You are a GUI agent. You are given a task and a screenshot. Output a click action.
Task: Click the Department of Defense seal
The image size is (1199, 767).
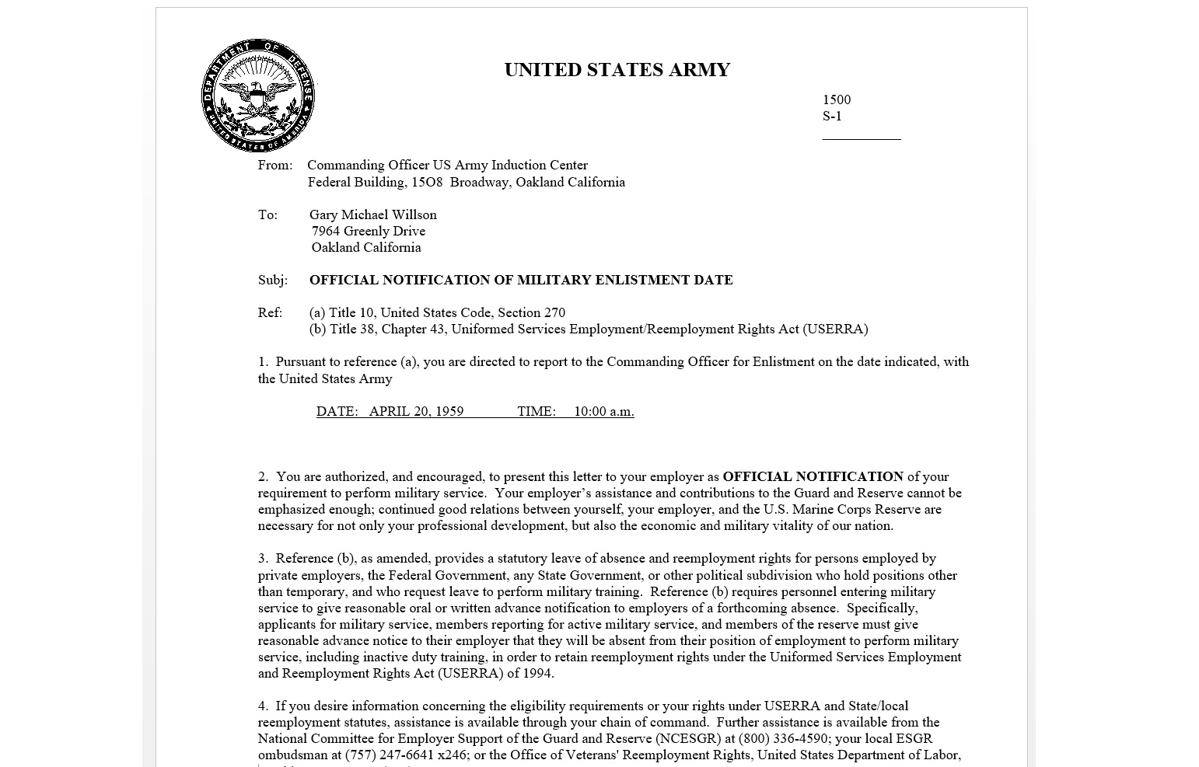[258, 96]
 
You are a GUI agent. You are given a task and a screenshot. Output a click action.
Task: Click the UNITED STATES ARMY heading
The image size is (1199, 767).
[617, 70]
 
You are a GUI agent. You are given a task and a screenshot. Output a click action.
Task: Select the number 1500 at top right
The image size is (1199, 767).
[837, 99]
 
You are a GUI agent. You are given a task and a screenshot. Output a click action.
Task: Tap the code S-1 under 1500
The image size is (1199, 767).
[832, 116]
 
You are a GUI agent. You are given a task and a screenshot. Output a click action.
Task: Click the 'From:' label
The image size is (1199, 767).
[275, 165]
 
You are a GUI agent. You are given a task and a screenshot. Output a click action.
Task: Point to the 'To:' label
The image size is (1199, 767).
[267, 214]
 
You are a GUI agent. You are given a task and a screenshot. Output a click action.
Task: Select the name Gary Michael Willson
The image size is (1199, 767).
[372, 214]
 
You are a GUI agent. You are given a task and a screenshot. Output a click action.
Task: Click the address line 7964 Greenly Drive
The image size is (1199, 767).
[368, 231]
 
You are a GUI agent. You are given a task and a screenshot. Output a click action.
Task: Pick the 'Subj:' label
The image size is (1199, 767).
[273, 280]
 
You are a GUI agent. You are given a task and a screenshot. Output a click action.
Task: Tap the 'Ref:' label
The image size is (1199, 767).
[270, 312]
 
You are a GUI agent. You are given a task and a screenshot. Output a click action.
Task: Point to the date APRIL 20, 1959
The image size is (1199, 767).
[416, 411]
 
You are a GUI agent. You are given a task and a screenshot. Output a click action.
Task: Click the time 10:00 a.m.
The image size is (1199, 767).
[603, 411]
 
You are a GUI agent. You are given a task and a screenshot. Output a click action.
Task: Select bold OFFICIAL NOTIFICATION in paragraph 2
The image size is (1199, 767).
[813, 476]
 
